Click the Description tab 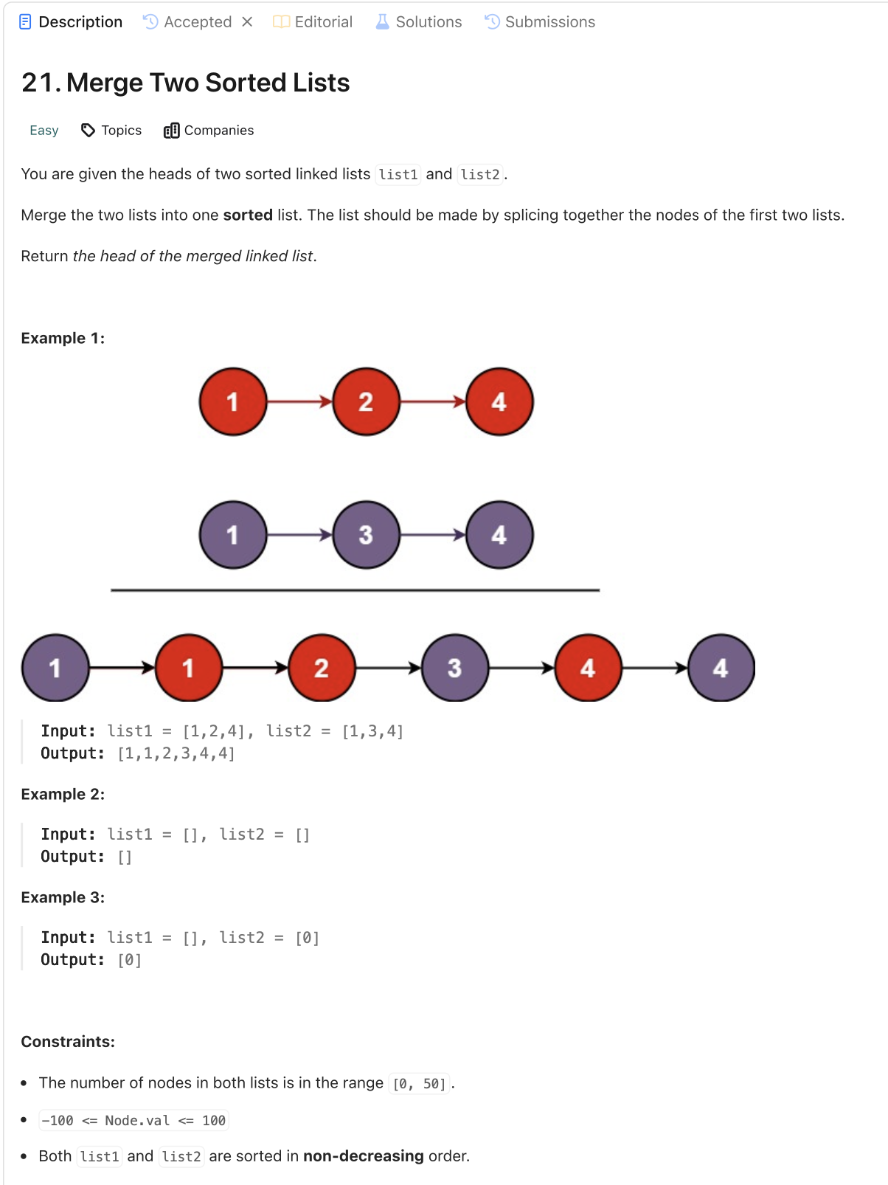coord(72,22)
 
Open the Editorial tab coord(313,22)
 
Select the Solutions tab coord(419,22)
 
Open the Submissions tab coord(540,22)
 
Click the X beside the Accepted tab coord(247,22)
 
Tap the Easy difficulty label coord(44,131)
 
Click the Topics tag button coord(111,131)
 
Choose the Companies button coord(209,131)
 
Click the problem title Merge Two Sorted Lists coord(186,83)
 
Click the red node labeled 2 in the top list coord(366,402)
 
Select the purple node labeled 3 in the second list coord(366,535)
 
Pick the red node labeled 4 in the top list coord(499,402)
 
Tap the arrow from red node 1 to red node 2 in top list coord(299,402)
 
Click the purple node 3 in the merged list coord(454,668)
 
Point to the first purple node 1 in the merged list coord(55,668)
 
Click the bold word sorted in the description coord(248,215)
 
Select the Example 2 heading coord(63,795)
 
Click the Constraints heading coord(68,1042)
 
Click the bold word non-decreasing coord(364,1156)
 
